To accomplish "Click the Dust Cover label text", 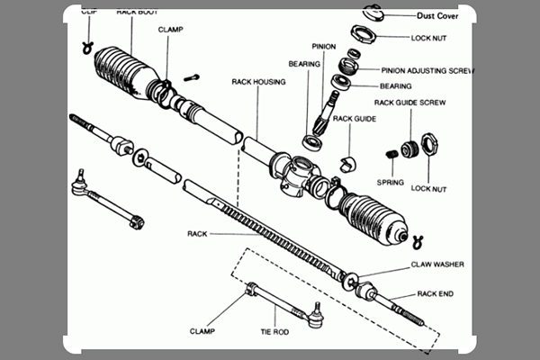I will pyautogui.click(x=446, y=15).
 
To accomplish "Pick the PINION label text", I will pyautogui.click(x=323, y=45).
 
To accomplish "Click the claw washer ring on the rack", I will pyautogui.click(x=351, y=277).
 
